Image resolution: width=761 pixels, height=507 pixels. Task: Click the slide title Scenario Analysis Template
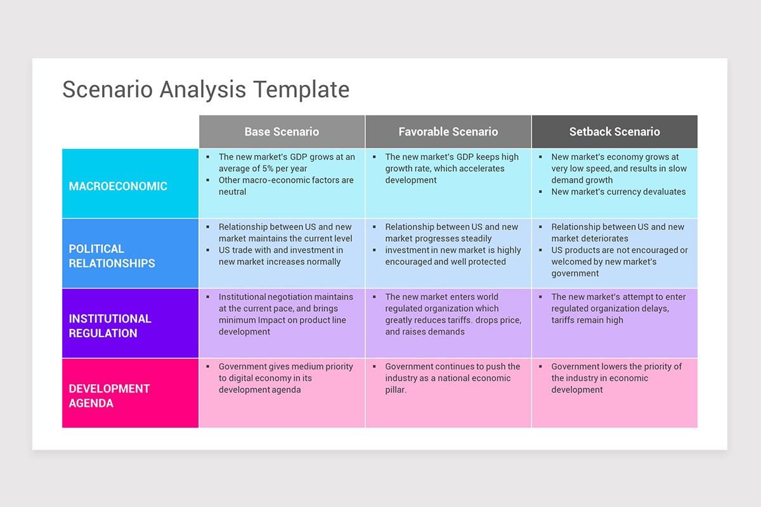(205, 89)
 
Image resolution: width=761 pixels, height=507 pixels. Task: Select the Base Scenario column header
(282, 132)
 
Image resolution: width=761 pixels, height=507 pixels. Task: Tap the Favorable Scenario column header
(448, 132)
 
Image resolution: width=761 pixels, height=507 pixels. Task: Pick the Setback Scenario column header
(614, 132)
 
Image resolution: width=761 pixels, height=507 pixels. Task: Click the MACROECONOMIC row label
(118, 186)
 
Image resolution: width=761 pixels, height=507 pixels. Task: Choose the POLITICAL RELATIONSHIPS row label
(112, 256)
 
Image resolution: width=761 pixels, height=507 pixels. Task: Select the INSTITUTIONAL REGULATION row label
(110, 326)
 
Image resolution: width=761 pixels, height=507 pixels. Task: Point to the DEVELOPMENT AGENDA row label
(109, 395)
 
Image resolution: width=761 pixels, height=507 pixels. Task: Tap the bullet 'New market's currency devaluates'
(618, 192)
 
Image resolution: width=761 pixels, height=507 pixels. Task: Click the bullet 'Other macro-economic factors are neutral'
(285, 186)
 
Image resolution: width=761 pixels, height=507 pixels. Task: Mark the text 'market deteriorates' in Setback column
(590, 239)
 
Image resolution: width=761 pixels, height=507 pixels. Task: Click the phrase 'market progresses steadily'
(438, 239)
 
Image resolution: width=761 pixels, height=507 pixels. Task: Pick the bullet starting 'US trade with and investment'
(280, 256)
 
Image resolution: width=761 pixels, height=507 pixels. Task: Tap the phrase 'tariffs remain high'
(587, 320)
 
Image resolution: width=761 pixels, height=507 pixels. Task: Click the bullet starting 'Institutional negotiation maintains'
(285, 314)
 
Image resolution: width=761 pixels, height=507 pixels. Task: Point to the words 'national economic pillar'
(447, 384)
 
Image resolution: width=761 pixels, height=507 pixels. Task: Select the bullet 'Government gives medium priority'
(285, 378)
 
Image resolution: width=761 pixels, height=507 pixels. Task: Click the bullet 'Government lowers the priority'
(616, 378)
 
